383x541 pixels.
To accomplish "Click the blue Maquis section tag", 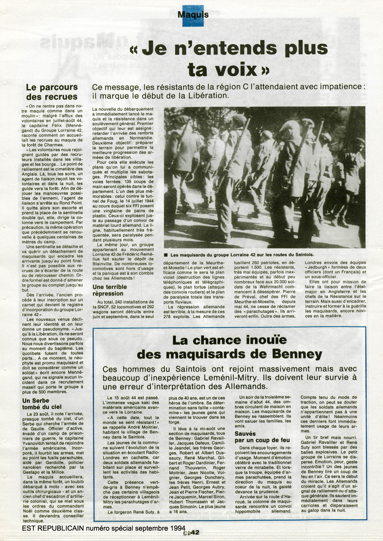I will [x=193, y=15].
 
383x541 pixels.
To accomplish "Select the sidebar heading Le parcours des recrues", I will [x=52, y=92].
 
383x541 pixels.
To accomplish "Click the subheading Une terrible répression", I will [x=109, y=290].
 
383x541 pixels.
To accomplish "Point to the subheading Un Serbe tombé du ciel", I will [x=42, y=404].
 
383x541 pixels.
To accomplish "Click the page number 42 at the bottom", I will [x=195, y=532].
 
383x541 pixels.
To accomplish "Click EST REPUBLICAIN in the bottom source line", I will [x=53, y=528].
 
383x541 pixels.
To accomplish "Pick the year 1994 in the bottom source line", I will [x=177, y=528].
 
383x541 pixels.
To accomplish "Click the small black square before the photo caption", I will [x=166, y=255].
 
